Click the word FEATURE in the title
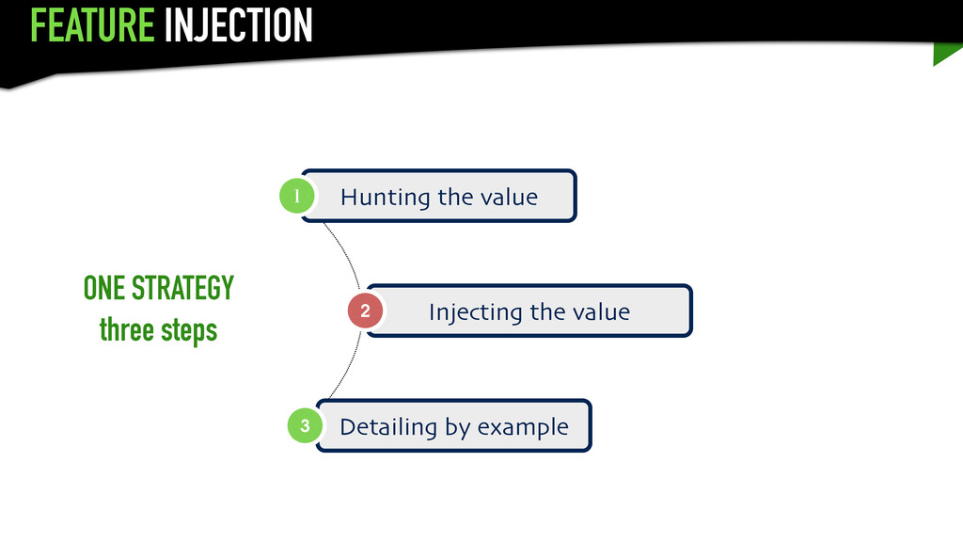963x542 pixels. click(x=91, y=25)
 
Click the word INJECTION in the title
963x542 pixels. click(x=237, y=25)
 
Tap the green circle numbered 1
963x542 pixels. click(x=296, y=197)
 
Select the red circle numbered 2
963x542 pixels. click(x=365, y=311)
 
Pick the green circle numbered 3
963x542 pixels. click(x=305, y=426)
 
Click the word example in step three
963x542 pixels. click(x=523, y=428)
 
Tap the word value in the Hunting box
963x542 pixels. click(x=509, y=198)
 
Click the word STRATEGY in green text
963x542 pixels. click(x=182, y=288)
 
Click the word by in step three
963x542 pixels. click(x=458, y=428)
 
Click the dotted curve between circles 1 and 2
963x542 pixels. click(x=345, y=249)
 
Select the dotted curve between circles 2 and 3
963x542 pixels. click(x=346, y=372)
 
